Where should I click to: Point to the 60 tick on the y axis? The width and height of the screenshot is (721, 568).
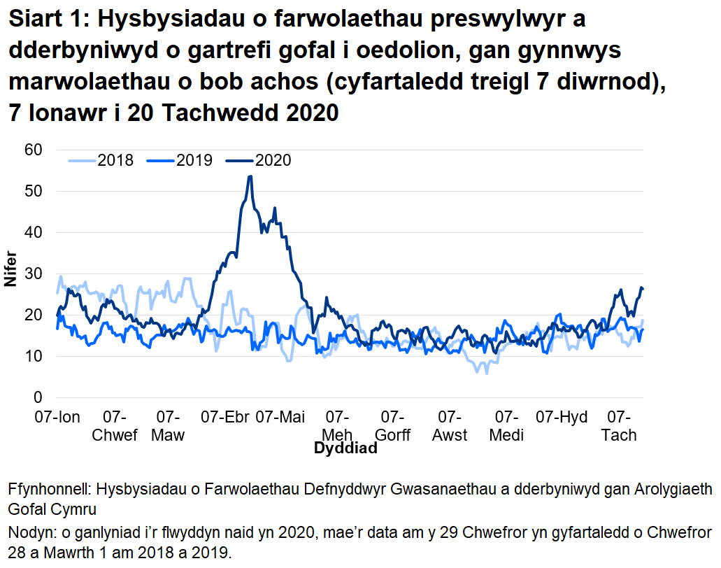(34, 150)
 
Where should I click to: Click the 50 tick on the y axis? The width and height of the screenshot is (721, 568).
(34, 191)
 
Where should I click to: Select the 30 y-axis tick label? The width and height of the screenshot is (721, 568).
(34, 274)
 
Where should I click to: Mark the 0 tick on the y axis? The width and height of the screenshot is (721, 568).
(38, 398)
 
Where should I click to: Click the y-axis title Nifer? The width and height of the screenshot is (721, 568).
(10, 274)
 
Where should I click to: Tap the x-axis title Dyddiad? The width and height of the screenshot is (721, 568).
(345, 448)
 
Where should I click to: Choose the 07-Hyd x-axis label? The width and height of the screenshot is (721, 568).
(562, 418)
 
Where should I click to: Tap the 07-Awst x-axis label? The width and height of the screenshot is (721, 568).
(450, 426)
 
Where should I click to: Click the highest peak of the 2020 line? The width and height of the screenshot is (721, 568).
(250, 176)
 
